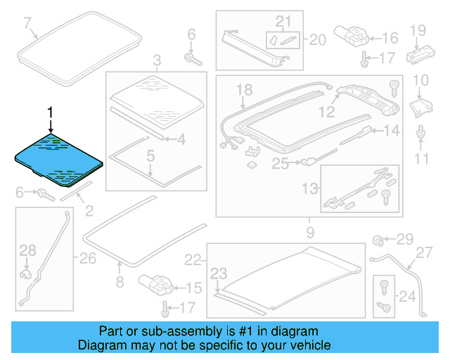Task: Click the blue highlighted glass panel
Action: click(60, 160)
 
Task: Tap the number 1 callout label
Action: click(50, 112)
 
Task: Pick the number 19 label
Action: click(418, 30)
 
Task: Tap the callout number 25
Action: click(281, 163)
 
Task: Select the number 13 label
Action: click(309, 188)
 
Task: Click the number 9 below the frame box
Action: click(309, 231)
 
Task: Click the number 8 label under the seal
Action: click(119, 282)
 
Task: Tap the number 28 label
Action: click(27, 250)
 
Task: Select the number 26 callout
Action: click(87, 259)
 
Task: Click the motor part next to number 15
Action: click(157, 285)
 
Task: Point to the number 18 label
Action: click(243, 89)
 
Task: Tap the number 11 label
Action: click(420, 159)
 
